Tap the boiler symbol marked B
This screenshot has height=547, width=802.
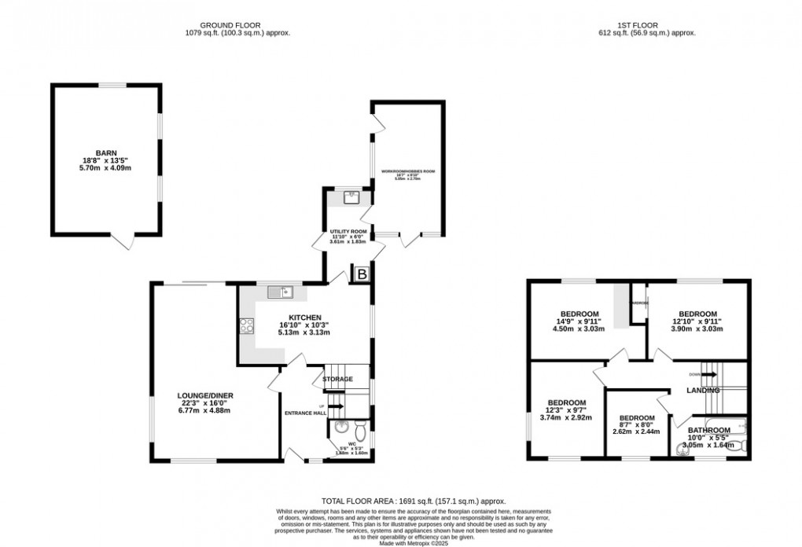(362, 274)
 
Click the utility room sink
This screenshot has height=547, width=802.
(351, 197)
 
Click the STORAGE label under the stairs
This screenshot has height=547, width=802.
(337, 379)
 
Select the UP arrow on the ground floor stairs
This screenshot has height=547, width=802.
(333, 406)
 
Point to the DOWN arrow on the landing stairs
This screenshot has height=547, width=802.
(709, 375)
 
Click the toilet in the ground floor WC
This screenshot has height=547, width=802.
(359, 432)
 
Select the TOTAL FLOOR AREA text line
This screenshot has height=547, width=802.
(414, 501)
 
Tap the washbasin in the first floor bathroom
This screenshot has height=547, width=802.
(681, 450)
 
